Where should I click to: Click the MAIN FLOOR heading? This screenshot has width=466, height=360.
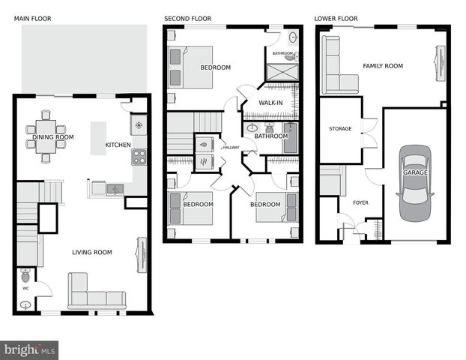click(32, 18)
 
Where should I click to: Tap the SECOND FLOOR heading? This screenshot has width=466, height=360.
click(187, 18)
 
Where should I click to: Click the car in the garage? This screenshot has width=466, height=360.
click(414, 182)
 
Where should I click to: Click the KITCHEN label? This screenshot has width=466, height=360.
click(118, 145)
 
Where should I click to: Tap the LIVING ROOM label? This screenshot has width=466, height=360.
click(91, 252)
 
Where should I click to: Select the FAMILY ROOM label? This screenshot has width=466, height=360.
click(382, 66)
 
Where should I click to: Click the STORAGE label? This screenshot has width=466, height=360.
click(340, 129)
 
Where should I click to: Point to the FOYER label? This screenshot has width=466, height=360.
click(360, 202)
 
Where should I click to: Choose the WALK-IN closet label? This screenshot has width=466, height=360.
click(271, 102)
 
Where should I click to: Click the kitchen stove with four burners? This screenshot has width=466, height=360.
click(139, 156)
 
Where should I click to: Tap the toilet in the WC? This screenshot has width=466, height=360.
click(25, 275)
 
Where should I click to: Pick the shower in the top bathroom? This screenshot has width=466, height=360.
click(282, 73)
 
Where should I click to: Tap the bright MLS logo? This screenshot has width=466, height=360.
click(30, 349)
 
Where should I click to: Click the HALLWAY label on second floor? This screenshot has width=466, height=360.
click(231, 147)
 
